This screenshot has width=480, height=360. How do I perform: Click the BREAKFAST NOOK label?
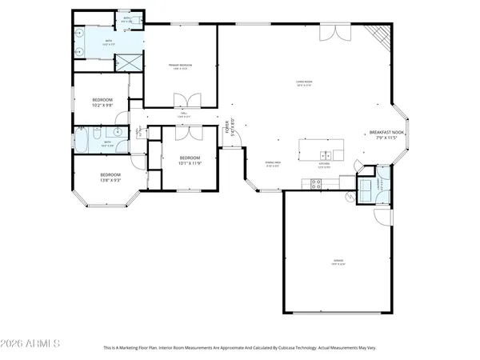click(386, 135)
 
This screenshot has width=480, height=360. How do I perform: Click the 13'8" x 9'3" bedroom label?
click(110, 178)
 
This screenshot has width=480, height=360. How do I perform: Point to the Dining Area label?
click(276, 165)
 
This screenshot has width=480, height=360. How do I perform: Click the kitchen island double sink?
click(326, 155)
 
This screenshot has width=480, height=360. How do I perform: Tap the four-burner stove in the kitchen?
click(315, 183)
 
